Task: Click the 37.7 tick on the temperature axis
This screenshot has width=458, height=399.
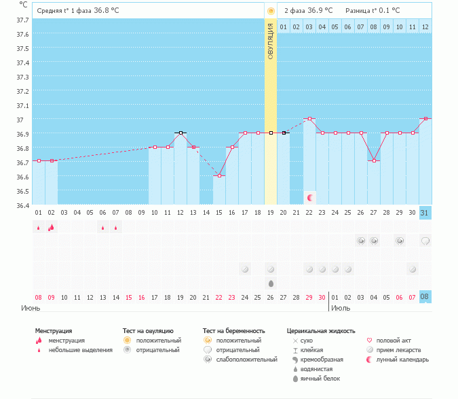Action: click(22, 20)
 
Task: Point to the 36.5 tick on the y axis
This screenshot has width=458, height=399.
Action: click(22, 191)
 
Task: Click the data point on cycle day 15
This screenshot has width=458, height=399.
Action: click(218, 176)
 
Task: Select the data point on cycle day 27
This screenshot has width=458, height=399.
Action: click(374, 161)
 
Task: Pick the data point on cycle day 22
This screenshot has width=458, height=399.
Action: click(309, 118)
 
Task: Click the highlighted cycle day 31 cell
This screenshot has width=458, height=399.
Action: click(425, 213)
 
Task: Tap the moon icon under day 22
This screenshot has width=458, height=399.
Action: click(310, 197)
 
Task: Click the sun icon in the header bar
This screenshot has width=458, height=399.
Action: click(271, 11)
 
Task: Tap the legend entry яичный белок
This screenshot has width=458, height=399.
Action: click(320, 379)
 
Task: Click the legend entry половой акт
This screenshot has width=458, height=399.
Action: click(393, 341)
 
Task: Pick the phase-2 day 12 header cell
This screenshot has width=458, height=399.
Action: click(425, 27)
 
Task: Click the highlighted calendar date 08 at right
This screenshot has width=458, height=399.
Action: click(425, 297)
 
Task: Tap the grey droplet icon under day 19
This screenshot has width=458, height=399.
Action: click(271, 283)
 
